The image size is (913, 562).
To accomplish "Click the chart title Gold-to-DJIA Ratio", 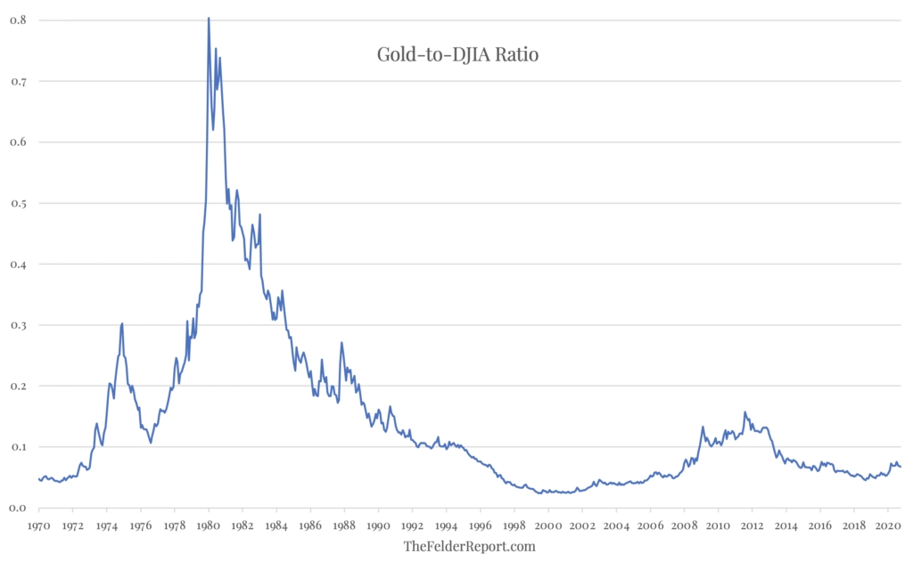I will (458, 55).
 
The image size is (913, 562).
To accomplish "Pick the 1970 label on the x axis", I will (39, 526).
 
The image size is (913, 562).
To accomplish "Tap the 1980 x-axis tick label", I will (209, 526).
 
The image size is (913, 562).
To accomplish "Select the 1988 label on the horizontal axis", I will (345, 526).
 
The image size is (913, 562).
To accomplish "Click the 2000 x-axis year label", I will (548, 526).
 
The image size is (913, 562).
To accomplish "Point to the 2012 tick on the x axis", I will (753, 526).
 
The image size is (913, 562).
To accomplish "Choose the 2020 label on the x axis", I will (888, 526).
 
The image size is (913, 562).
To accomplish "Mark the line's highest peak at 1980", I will (209, 18).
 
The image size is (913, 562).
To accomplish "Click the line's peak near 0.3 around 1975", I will (122, 323).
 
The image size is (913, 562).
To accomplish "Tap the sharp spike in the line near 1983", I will (259, 215).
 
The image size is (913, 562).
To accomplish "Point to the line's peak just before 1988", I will (341, 343).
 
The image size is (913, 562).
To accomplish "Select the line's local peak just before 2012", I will (744, 412).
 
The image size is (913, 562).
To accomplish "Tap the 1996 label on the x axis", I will (481, 526).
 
